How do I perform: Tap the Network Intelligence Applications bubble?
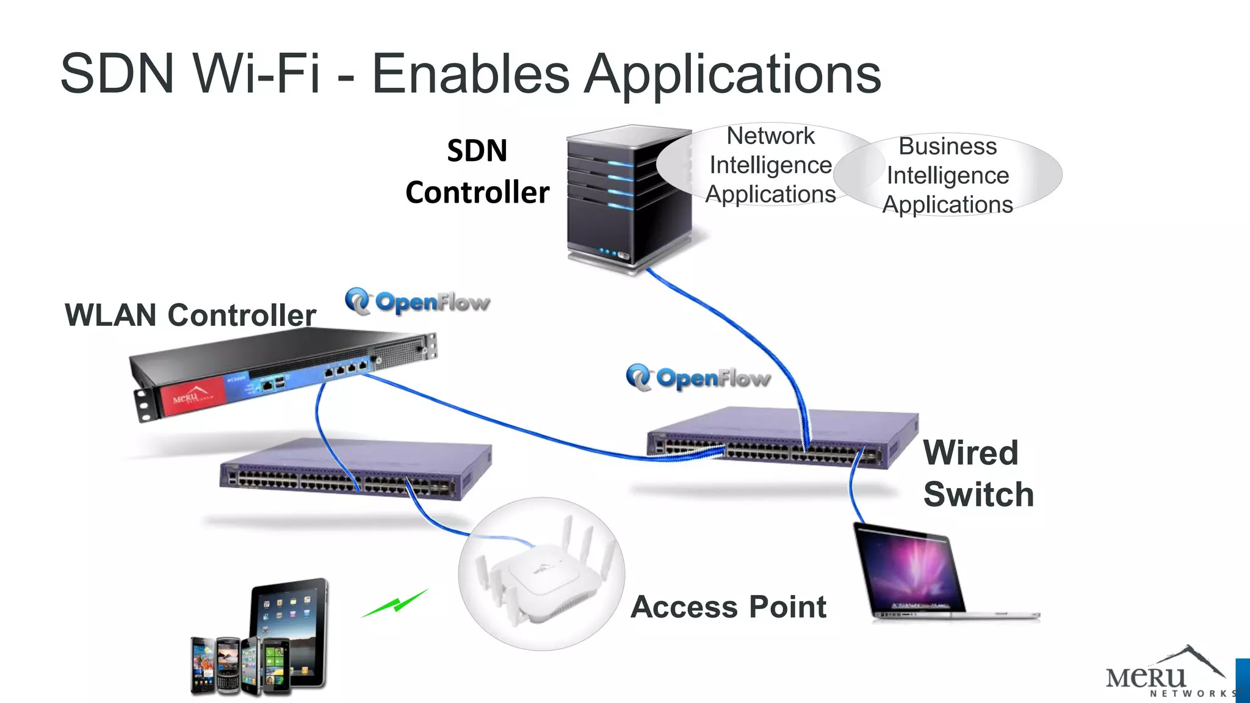coord(770,165)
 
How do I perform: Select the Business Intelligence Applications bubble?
coord(948,175)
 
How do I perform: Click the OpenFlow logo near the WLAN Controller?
coord(417,301)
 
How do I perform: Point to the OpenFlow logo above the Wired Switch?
coord(698,378)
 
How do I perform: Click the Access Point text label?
coord(728,607)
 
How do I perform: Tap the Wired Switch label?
coord(978,474)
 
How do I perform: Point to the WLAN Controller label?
coord(190,315)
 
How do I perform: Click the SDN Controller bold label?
coord(477,171)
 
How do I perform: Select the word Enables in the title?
coord(471,74)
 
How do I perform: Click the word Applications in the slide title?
coord(732,75)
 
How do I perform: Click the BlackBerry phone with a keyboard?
coord(228,665)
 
